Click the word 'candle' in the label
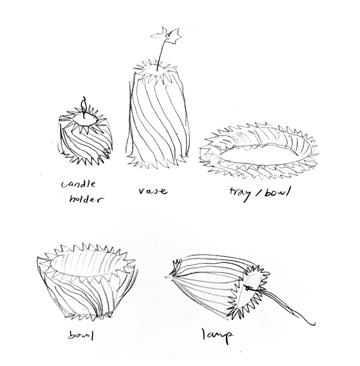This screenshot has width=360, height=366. click(x=78, y=184)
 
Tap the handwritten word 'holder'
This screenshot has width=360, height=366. click(x=86, y=199)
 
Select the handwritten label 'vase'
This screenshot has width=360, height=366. click(x=153, y=191)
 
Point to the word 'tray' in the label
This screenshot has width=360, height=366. click(x=241, y=194)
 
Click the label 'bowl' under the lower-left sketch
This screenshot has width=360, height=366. click(x=81, y=336)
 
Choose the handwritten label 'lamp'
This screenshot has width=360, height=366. click(x=217, y=336)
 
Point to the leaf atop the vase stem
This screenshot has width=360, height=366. click(x=166, y=34)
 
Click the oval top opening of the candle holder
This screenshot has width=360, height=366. click(x=85, y=119)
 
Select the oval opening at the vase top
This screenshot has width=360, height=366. click(x=154, y=69)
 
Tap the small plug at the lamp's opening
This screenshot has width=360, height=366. click(x=248, y=288)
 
